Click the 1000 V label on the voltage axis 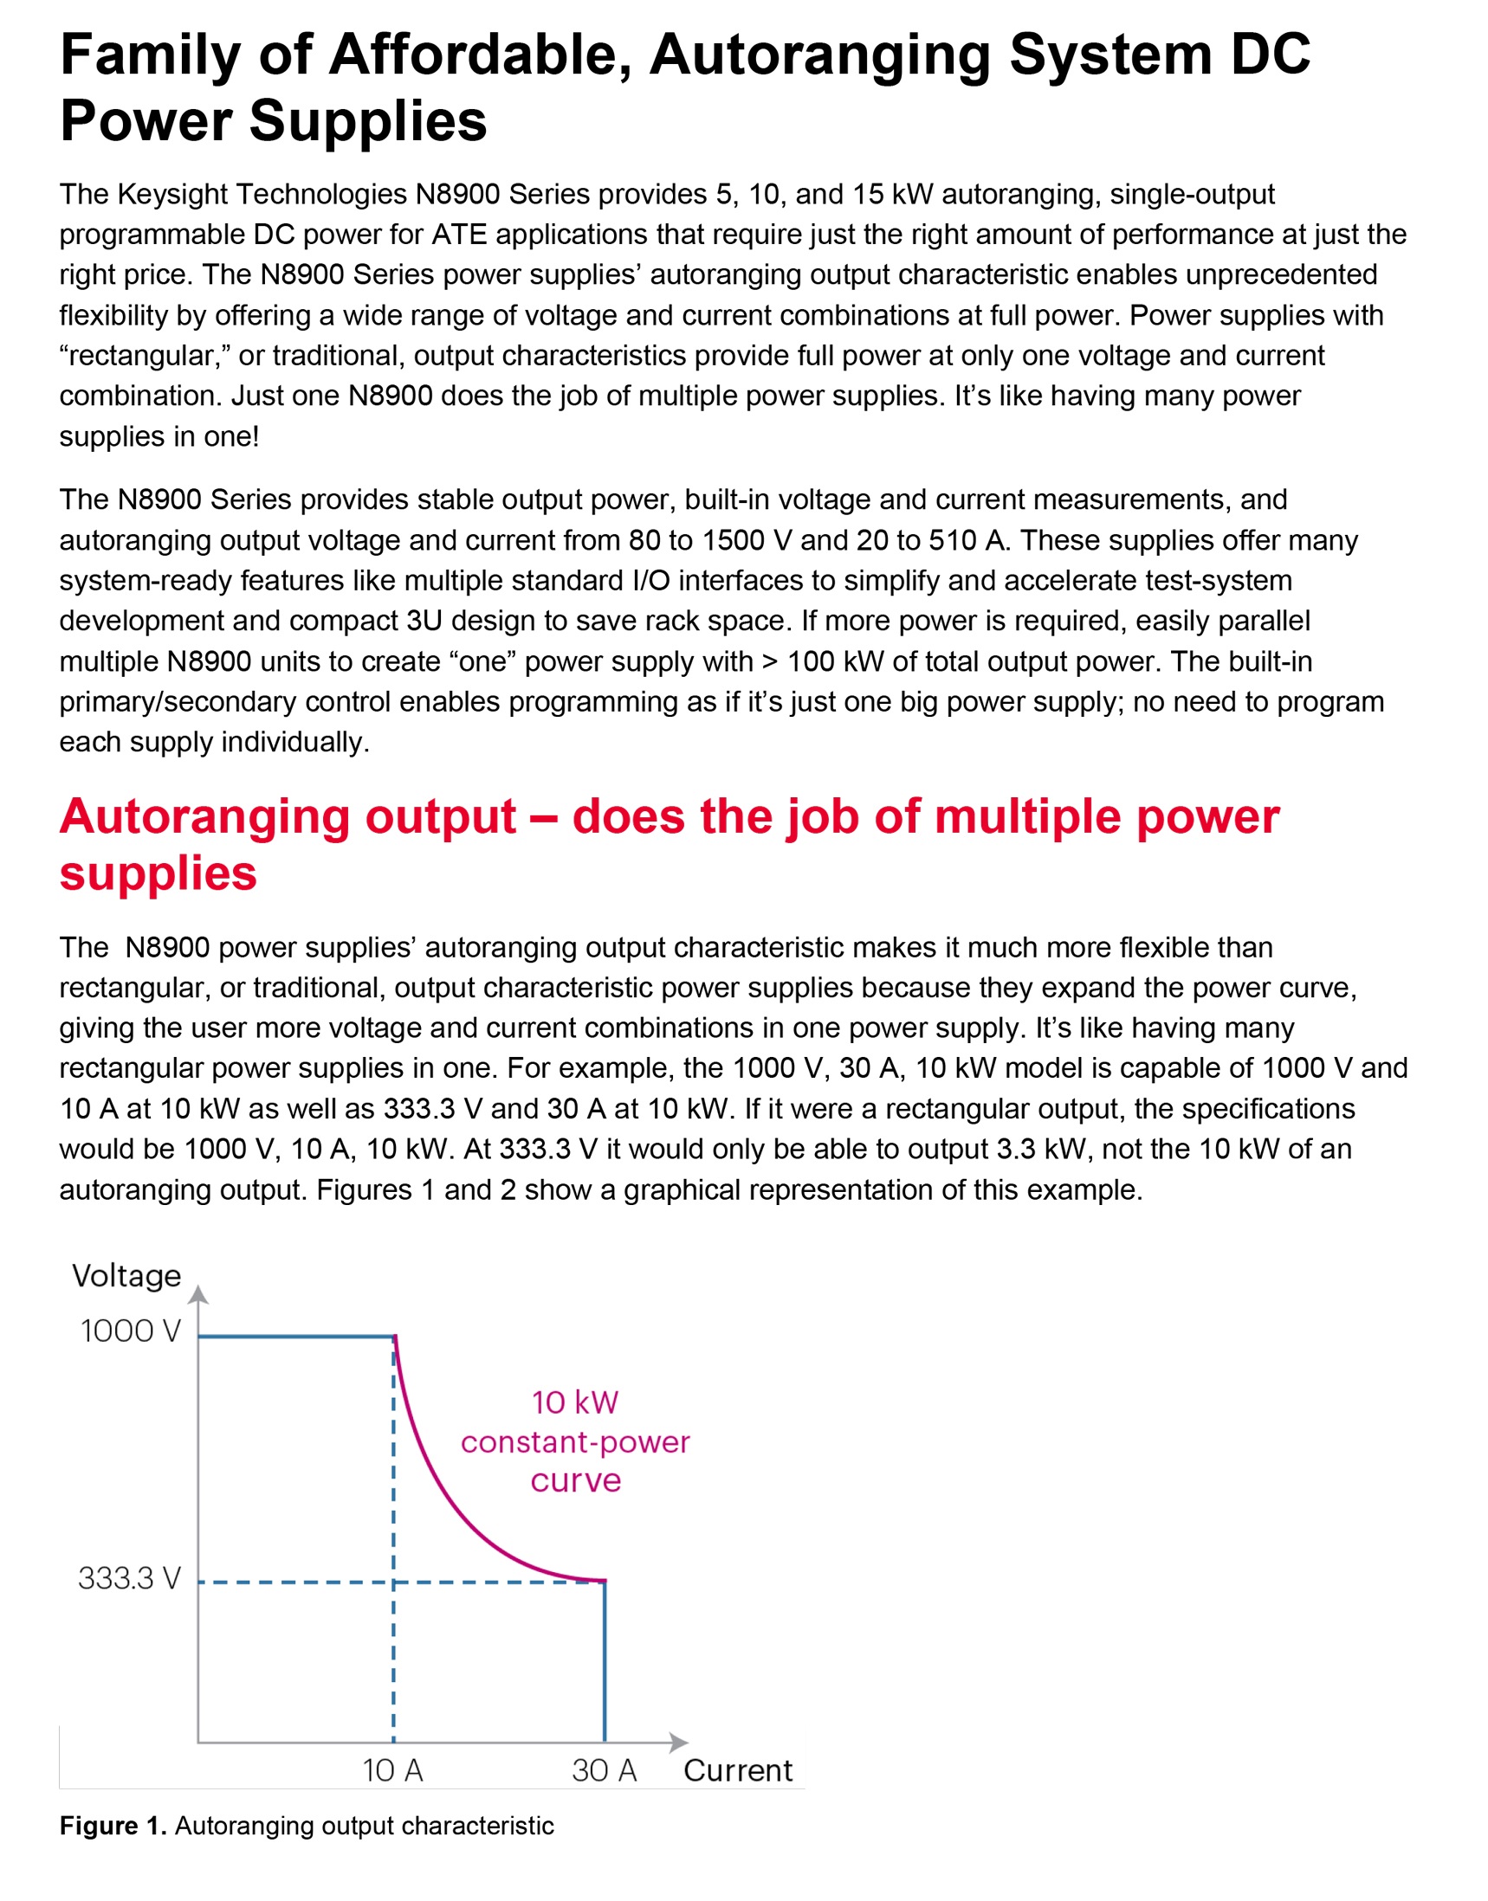pos(131,1331)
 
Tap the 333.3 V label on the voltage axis pos(130,1578)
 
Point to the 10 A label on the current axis pos(393,1770)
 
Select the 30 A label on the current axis pos(605,1770)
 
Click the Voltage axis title pos(127,1276)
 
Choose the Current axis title pos(738,1770)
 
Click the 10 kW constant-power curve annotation pos(575,1442)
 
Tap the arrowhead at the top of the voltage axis pos(198,1296)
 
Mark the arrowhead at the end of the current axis pos(679,1743)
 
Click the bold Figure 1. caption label pos(113,1825)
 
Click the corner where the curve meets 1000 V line pos(395,1336)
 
